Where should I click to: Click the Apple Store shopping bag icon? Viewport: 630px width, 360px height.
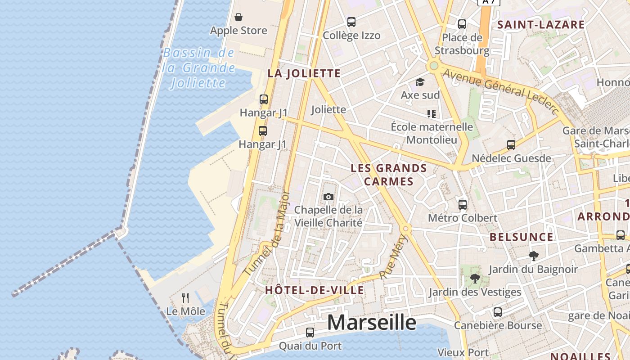[x=238, y=17]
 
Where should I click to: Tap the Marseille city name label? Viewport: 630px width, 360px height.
[x=372, y=322]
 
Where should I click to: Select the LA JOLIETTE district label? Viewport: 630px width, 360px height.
[x=304, y=73]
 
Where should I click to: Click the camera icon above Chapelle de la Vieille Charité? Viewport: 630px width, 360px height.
[x=328, y=197]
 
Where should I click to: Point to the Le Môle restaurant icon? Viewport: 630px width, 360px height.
[x=185, y=297]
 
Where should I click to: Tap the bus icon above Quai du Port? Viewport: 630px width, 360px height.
[x=310, y=333]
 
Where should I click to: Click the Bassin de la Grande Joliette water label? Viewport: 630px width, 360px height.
[x=199, y=67]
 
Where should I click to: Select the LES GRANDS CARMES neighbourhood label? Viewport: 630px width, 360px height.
[x=389, y=175]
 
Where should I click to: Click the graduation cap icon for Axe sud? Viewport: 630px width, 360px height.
[x=420, y=82]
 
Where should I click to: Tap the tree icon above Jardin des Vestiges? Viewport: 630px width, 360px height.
[x=475, y=279]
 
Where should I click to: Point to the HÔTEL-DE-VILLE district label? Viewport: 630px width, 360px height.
[x=315, y=290]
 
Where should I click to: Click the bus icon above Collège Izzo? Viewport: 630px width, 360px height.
[x=351, y=22]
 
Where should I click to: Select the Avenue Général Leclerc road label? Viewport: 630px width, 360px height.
[x=500, y=90]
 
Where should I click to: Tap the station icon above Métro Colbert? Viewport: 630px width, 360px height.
[x=462, y=205]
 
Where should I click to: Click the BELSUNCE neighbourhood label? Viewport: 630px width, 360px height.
[x=522, y=237]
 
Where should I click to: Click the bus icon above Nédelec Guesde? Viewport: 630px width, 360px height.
[x=511, y=145]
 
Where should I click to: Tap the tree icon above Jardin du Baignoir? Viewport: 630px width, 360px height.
[x=534, y=256]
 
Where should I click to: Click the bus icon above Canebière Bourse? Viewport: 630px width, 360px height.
[x=497, y=312]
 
